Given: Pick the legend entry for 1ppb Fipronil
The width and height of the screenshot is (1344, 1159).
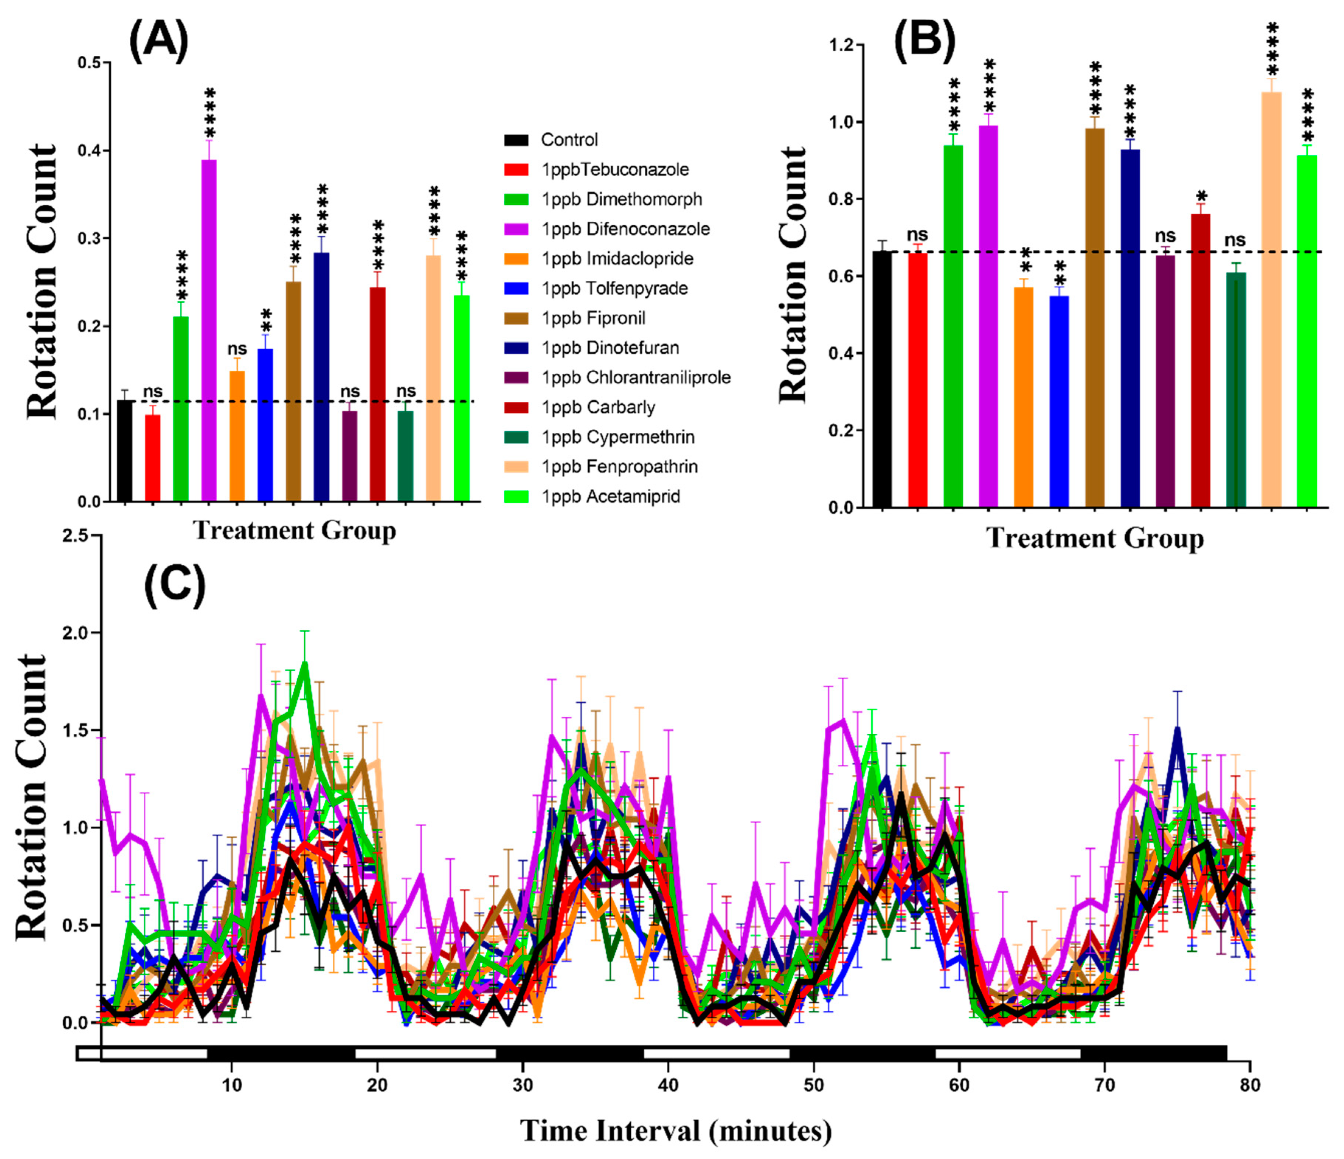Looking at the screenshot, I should (x=593, y=318).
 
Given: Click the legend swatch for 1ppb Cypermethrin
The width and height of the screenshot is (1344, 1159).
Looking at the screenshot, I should (x=516, y=437).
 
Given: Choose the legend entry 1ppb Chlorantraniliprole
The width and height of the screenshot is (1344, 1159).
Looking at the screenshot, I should (x=636, y=377).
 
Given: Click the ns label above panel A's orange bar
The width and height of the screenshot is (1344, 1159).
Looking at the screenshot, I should (x=238, y=349).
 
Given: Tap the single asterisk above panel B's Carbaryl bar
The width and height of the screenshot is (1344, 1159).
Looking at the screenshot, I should (x=1201, y=197).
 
